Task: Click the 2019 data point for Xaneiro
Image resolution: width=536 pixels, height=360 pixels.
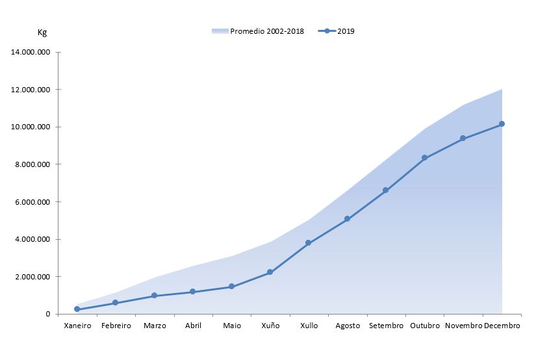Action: (77, 309)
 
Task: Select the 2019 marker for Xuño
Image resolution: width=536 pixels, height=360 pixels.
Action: (270, 272)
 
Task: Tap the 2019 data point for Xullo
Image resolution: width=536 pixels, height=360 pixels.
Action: (308, 243)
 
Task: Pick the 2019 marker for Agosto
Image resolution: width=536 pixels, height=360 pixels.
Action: (347, 219)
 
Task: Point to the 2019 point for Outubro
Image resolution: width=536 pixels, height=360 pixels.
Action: (424, 158)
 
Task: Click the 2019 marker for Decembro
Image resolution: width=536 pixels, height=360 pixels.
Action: (502, 124)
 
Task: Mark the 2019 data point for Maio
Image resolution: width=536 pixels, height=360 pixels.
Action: (231, 287)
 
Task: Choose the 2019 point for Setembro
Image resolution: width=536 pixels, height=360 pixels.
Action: (385, 190)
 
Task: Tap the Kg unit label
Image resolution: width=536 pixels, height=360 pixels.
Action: (42, 32)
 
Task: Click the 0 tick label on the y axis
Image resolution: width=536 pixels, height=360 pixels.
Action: (47, 315)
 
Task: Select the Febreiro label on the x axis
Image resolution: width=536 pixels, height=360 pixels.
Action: (116, 326)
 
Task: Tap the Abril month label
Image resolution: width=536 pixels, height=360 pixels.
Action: (193, 326)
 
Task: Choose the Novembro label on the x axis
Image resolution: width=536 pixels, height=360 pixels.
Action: (463, 326)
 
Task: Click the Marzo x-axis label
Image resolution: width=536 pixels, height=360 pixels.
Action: (154, 326)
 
